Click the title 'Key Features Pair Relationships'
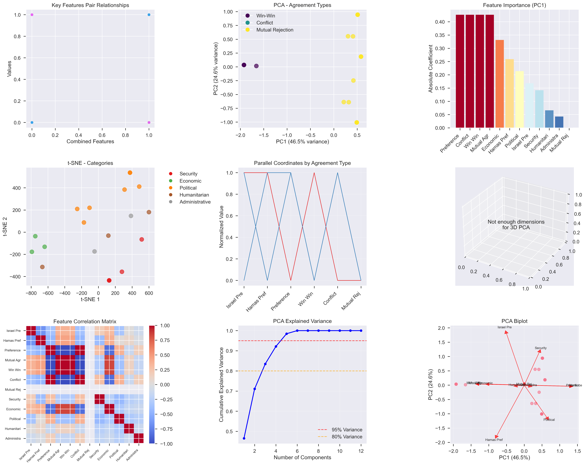[90, 5]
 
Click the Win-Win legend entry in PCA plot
[265, 16]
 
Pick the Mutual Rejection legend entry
[275, 30]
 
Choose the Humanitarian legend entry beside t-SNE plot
[194, 195]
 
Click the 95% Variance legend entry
[347, 430]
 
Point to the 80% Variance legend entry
[347, 437]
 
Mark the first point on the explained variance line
[244, 438]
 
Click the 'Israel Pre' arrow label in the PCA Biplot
[504, 327]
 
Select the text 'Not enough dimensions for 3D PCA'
[516, 224]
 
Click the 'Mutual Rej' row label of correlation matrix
[13, 390]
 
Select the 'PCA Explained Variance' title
[302, 321]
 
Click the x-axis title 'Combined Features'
[90, 141]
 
